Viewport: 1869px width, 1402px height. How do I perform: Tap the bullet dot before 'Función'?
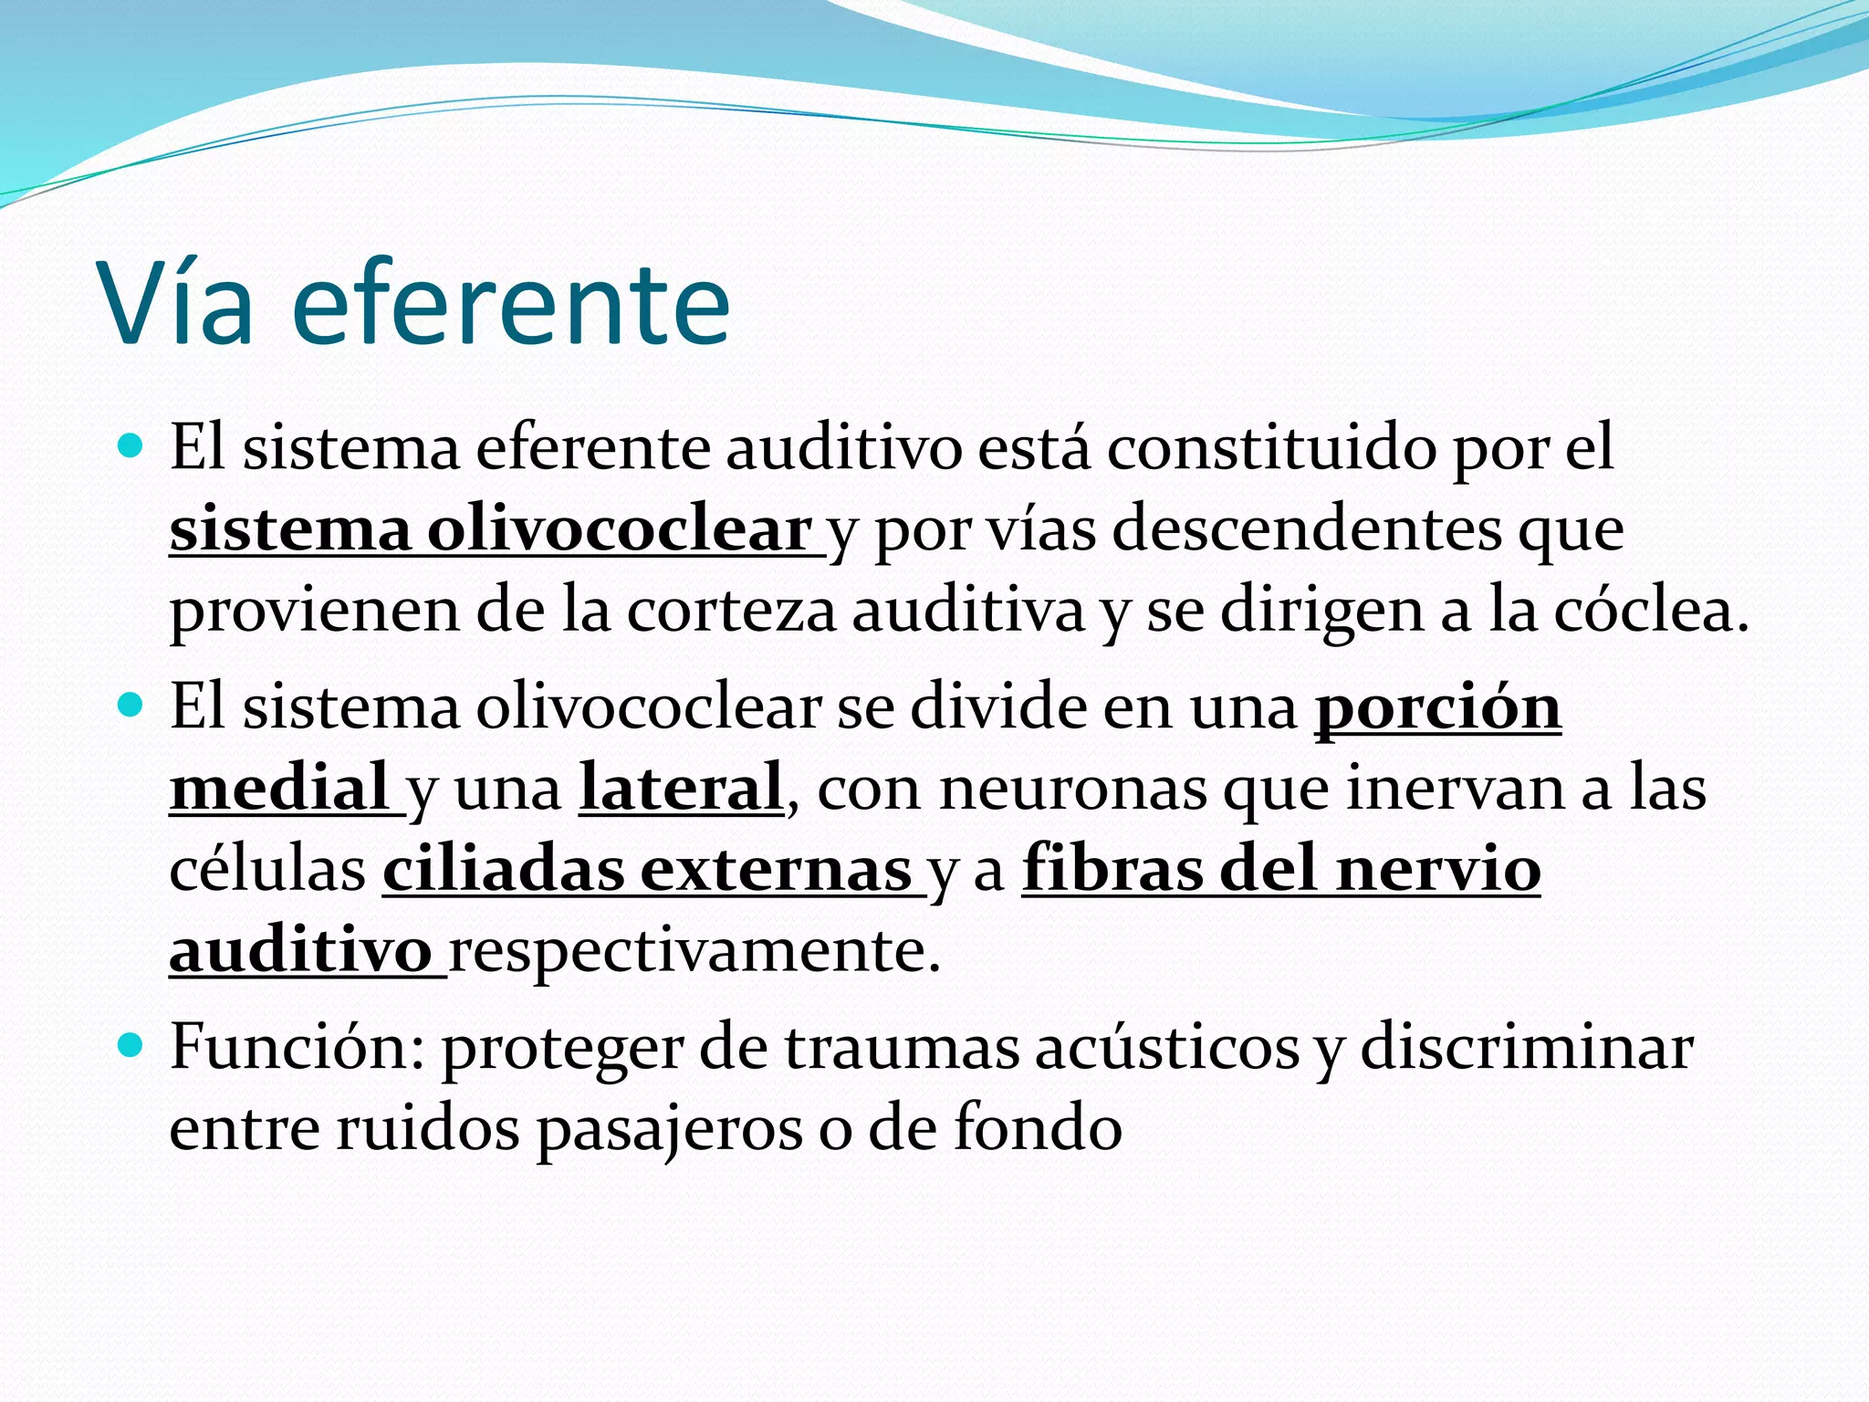(131, 1043)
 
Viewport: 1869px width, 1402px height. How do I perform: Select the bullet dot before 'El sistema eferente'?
(131, 446)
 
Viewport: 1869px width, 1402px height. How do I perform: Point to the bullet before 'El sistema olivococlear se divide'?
(131, 705)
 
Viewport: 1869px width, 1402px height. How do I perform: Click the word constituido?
(1271, 448)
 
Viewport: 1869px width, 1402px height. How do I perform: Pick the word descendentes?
(1306, 529)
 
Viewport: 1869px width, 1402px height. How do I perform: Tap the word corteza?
(731, 610)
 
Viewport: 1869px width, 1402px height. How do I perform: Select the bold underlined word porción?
(1437, 707)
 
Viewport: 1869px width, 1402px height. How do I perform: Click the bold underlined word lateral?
(681, 788)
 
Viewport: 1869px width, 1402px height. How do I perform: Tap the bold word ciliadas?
(503, 869)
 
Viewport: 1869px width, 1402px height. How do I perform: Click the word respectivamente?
(694, 951)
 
